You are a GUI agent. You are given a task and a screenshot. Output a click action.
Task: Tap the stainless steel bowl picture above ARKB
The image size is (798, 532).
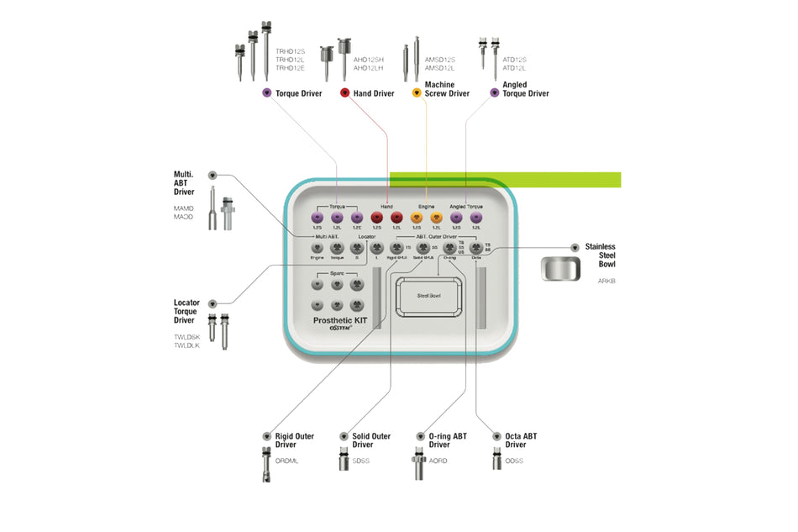pyautogui.click(x=559, y=270)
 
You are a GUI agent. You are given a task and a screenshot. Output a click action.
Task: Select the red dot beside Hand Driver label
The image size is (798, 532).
pyautogui.click(x=344, y=93)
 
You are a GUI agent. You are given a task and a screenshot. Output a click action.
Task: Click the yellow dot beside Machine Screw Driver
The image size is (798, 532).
pyautogui.click(x=416, y=93)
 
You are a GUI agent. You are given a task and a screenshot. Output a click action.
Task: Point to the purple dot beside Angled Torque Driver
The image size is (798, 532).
pyautogui.click(x=494, y=93)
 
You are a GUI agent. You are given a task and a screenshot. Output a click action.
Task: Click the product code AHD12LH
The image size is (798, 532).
pyautogui.click(x=369, y=68)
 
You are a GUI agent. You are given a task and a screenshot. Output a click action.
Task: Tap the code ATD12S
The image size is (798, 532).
pyautogui.click(x=515, y=60)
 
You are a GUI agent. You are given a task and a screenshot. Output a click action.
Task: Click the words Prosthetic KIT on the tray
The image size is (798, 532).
pyautogui.click(x=339, y=320)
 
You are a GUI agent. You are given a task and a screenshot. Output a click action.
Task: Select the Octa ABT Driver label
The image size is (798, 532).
pyautogui.click(x=521, y=440)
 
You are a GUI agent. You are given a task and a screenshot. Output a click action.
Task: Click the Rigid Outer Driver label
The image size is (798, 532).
pyautogui.click(x=294, y=440)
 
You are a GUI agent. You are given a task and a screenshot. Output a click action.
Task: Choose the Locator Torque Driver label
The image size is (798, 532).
pyautogui.click(x=186, y=311)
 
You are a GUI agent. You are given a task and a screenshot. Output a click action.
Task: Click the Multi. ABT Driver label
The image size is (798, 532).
pyautogui.click(x=184, y=183)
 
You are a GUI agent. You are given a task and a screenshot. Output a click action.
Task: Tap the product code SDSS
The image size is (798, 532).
pyautogui.click(x=361, y=461)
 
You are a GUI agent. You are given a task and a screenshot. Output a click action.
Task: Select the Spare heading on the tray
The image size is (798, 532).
pyautogui.click(x=336, y=274)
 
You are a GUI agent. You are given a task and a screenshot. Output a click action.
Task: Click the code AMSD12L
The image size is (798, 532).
pyautogui.click(x=439, y=68)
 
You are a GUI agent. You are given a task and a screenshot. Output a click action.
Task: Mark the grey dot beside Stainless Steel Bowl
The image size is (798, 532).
pyautogui.click(x=575, y=247)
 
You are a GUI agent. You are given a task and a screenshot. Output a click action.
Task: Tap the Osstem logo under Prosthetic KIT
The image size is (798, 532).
pyautogui.click(x=339, y=331)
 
